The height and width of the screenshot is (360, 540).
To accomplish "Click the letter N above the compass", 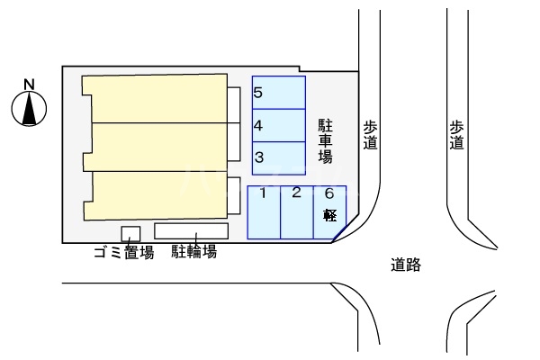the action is tap(29, 85).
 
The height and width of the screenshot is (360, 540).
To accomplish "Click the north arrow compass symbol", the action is tap(29, 108).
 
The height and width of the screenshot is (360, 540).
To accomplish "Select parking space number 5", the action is tap(278, 92).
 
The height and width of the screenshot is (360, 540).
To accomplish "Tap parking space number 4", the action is tap(278, 125).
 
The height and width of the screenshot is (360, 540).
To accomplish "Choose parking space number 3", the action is tap(278, 157).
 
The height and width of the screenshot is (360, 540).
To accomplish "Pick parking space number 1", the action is tap(264, 211).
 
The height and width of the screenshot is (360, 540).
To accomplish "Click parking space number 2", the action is tap(296, 211).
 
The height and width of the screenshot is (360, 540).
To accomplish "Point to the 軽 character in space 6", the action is tap(329, 215).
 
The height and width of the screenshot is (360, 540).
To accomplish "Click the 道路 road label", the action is tap(406, 265).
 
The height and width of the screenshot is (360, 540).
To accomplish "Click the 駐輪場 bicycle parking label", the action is tap(193, 252).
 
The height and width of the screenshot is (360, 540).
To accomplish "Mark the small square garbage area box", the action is tap(130, 233).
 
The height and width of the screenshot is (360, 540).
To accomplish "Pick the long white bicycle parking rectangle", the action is tap(191, 230).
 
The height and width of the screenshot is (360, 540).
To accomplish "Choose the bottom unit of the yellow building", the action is tap(157, 193).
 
